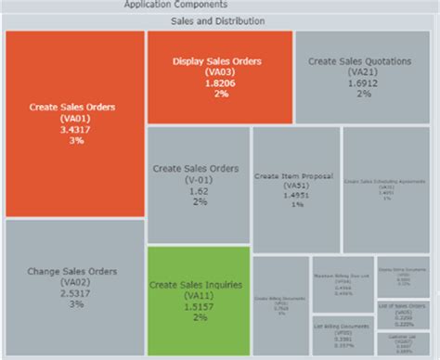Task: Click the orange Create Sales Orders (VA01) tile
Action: pos(75,123)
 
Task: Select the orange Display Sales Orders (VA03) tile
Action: pos(219,77)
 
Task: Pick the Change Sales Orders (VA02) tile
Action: pos(75,287)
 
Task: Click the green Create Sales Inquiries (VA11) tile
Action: pos(198,301)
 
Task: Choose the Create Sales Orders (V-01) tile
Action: pos(198,185)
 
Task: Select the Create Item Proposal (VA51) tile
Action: pos(295,189)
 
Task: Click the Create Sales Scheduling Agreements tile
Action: pos(385,189)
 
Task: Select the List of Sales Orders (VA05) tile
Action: pos(403,312)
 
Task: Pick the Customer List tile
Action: pos(403,344)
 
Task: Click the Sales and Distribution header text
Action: pos(219,20)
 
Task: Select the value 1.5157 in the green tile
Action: pos(198,306)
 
